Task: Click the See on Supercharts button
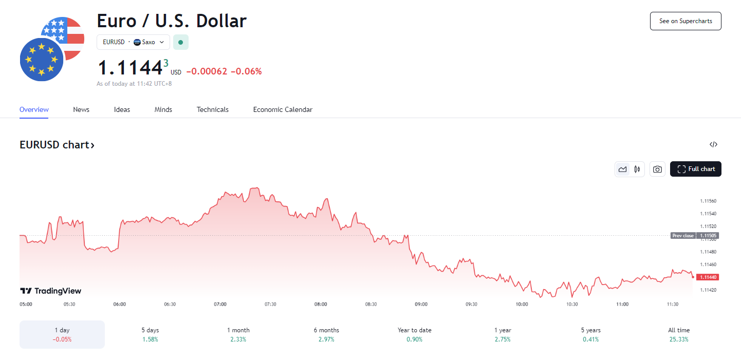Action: pyautogui.click(x=686, y=21)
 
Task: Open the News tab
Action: pyautogui.click(x=81, y=109)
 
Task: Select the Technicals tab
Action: pyautogui.click(x=213, y=109)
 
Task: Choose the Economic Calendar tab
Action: pyautogui.click(x=283, y=109)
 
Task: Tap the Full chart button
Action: pyautogui.click(x=696, y=169)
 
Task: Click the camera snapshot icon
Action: pyautogui.click(x=657, y=169)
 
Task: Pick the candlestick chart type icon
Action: pyautogui.click(x=637, y=169)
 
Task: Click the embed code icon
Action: pyautogui.click(x=713, y=144)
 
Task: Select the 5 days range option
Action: pyautogui.click(x=151, y=334)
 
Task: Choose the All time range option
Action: pyautogui.click(x=679, y=334)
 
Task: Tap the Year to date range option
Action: pyautogui.click(x=415, y=334)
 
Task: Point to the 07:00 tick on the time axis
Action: pyautogui.click(x=220, y=304)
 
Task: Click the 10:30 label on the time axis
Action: pyautogui.click(x=572, y=304)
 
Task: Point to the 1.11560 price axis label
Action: pyautogui.click(x=708, y=201)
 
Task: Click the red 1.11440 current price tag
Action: pyautogui.click(x=708, y=277)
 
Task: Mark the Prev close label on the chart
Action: pyautogui.click(x=683, y=236)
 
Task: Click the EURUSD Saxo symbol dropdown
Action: pyautogui.click(x=133, y=42)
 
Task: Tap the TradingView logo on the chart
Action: pyautogui.click(x=50, y=291)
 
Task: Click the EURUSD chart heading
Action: pyautogui.click(x=57, y=145)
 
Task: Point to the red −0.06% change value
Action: pyautogui.click(x=246, y=71)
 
